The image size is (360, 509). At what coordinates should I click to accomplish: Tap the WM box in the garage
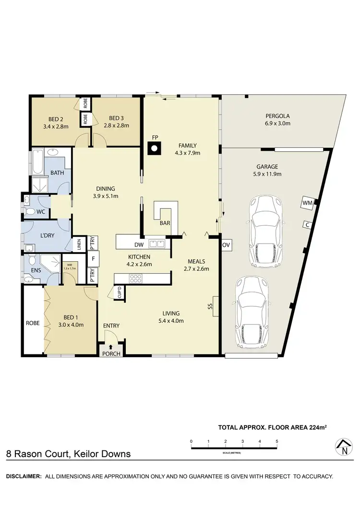(x=307, y=203)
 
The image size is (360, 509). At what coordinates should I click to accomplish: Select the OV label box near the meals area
(x=227, y=245)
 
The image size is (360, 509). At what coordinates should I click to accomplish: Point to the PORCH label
(x=111, y=354)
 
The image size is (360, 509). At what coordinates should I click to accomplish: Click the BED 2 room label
(x=56, y=119)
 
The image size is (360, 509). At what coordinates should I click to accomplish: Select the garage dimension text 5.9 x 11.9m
(x=274, y=174)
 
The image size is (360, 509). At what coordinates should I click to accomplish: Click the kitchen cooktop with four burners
(x=136, y=278)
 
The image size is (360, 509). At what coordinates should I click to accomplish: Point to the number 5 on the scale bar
(x=276, y=440)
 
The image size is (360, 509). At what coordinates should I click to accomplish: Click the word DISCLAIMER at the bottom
(x=23, y=476)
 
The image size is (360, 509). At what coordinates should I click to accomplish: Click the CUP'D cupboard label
(x=120, y=292)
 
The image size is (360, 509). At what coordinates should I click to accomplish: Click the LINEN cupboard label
(x=78, y=244)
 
